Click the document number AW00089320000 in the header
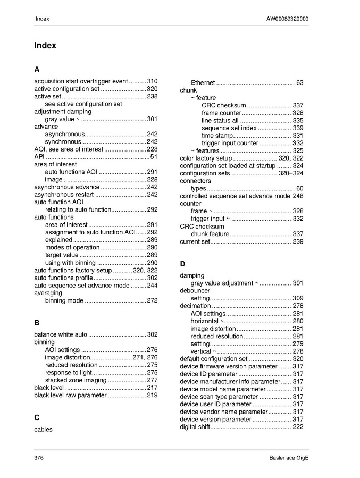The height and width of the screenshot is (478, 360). click(287, 19)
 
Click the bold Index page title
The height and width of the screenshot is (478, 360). click(45, 46)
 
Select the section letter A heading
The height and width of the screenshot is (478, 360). click(37, 70)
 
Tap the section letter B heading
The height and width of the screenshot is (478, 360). click(37, 323)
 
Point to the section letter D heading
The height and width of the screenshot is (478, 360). click(182, 264)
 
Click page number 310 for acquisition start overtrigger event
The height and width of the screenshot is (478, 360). click(152, 81)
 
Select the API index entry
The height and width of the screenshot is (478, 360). click(39, 157)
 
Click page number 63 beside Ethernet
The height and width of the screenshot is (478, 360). click(299, 83)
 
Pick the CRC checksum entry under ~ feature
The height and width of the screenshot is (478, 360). click(223, 105)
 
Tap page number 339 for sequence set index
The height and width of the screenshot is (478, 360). click(298, 128)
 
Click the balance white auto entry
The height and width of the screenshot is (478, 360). click(61, 335)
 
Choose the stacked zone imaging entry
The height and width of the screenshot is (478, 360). click(76, 380)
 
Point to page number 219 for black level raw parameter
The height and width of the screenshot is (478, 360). click(152, 396)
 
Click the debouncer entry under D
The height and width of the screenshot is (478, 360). click(195, 291)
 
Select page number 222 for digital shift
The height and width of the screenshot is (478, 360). click(298, 427)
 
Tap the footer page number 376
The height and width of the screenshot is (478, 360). click(39, 458)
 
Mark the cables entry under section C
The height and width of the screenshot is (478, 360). click(43, 429)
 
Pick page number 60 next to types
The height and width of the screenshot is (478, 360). click(299, 189)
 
